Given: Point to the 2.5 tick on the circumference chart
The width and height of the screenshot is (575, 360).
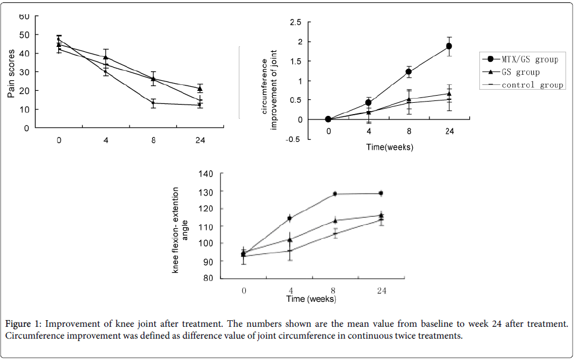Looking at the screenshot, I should [x=295, y=23].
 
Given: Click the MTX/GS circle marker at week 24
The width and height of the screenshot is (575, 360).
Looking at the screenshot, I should [x=449, y=46].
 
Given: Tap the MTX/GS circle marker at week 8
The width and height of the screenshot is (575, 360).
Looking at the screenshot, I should [x=409, y=72].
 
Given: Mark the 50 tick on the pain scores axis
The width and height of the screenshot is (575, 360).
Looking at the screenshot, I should [x=24, y=35].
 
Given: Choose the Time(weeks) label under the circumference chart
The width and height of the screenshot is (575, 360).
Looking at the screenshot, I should [x=389, y=147].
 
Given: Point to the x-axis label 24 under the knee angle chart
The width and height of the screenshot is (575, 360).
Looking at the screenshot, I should [x=381, y=290].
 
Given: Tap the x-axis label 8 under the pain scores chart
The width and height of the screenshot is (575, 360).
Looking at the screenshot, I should [x=153, y=140].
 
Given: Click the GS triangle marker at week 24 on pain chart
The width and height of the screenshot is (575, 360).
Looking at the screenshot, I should [x=200, y=89].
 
